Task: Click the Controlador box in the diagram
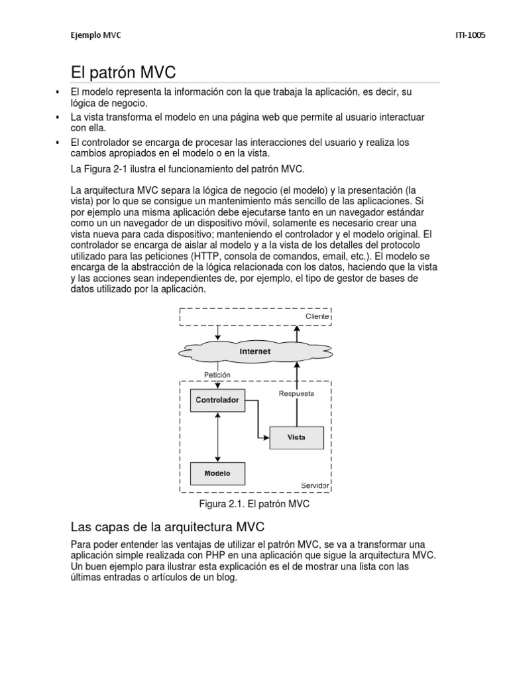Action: click(x=217, y=401)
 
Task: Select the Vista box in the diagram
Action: click(x=296, y=437)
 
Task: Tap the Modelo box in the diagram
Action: click(x=217, y=473)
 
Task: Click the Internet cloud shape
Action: click(x=254, y=351)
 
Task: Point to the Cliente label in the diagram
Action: click(x=316, y=317)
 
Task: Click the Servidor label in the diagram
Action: click(x=315, y=486)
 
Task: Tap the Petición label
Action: click(x=217, y=375)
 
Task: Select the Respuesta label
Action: click(x=296, y=393)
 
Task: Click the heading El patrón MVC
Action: click(x=123, y=72)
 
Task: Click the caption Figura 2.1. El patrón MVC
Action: click(x=254, y=504)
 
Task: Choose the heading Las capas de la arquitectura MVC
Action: click(x=168, y=528)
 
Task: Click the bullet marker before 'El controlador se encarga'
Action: click(x=58, y=142)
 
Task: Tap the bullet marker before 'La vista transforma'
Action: click(x=58, y=117)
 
